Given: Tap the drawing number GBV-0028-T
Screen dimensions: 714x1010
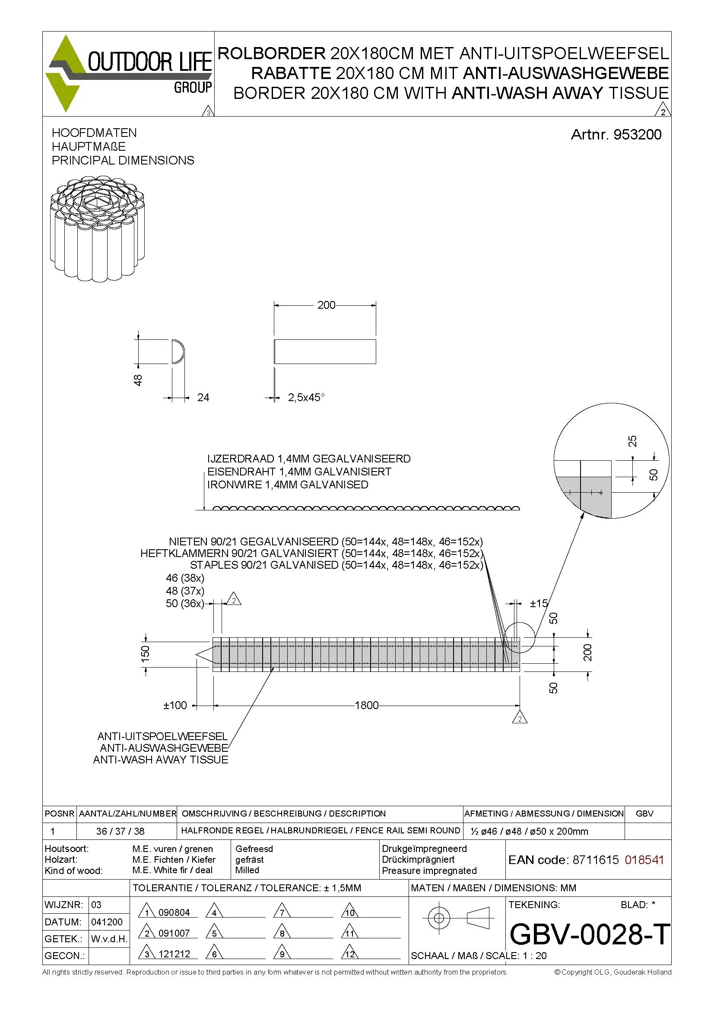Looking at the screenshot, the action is pyautogui.click(x=590, y=934).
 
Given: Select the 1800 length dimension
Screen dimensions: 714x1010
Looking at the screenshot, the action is pyautogui.click(x=366, y=706).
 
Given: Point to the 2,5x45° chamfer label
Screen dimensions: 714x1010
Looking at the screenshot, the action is pyautogui.click(x=306, y=398).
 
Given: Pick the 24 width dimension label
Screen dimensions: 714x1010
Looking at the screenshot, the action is pyautogui.click(x=203, y=398).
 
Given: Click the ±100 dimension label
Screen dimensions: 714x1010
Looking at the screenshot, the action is pyautogui.click(x=175, y=706).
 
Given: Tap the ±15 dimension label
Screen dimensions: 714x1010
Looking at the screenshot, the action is pyautogui.click(x=539, y=604).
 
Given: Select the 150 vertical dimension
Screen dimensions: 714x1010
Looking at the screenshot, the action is pyautogui.click(x=146, y=654).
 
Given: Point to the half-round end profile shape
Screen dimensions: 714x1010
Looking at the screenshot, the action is pyautogui.click(x=178, y=351).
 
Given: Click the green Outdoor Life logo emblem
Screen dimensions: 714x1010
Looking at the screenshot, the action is pyautogui.click(x=66, y=73).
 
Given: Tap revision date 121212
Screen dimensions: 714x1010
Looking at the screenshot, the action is pyautogui.click(x=174, y=954).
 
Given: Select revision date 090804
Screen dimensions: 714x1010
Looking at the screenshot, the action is pyautogui.click(x=174, y=913).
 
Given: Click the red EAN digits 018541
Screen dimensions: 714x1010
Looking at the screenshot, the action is pyautogui.click(x=644, y=860).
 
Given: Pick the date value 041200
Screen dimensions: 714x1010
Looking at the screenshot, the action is pyautogui.click(x=107, y=922).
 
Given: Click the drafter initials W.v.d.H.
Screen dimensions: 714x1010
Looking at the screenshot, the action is pyautogui.click(x=109, y=939).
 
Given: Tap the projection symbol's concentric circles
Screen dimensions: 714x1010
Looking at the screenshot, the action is pyautogui.click(x=438, y=918).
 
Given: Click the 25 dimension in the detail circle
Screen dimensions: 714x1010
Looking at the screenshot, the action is pyautogui.click(x=632, y=441).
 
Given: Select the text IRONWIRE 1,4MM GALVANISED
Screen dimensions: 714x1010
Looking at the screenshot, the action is pyautogui.click(x=288, y=485).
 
